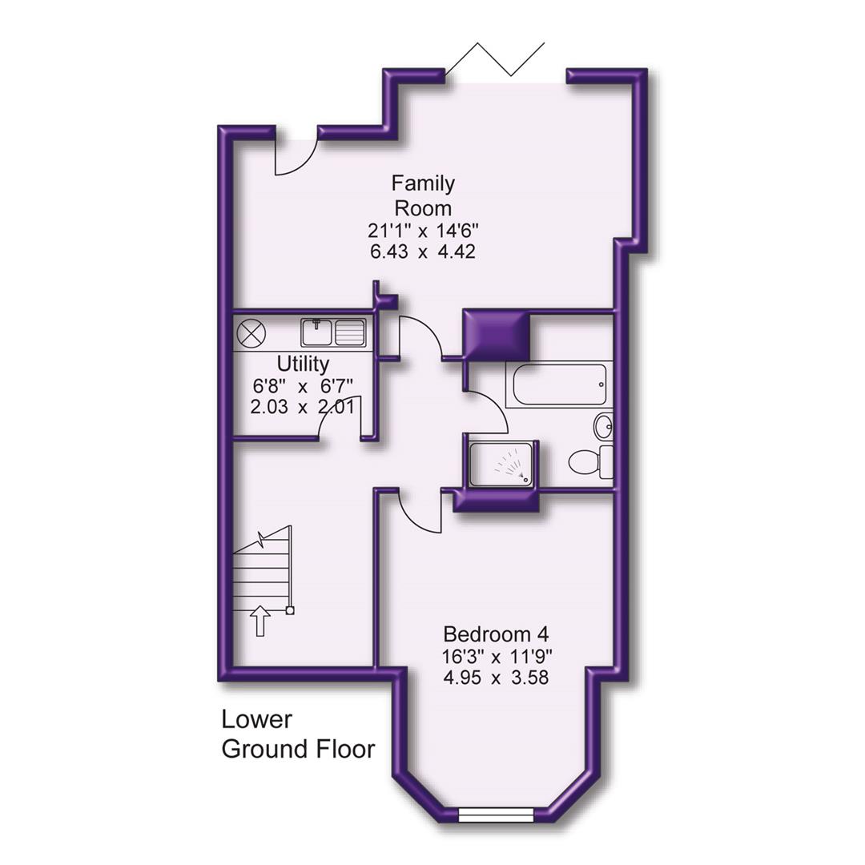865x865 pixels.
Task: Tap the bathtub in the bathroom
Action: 559,385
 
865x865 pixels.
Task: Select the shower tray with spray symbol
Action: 501,464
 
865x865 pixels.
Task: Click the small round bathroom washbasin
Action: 603,426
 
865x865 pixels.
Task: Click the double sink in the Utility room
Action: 333,332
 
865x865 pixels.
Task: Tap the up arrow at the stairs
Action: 259,621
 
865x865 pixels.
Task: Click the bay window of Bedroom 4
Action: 496,815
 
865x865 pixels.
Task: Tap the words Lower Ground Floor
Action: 298,734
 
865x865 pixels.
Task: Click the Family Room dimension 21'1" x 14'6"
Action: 423,231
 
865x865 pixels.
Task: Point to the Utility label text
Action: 303,364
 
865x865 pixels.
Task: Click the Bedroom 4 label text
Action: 496,634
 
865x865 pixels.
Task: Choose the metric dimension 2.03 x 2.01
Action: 303,406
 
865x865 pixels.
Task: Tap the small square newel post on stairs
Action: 290,611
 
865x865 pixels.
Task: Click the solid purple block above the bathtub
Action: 497,336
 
